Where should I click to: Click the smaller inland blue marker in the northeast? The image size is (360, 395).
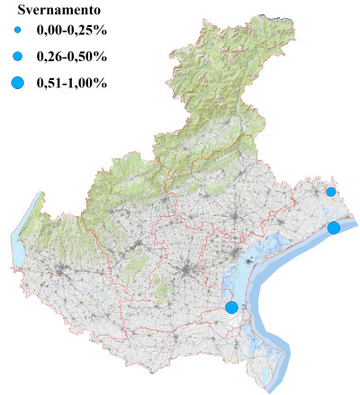click(331, 192)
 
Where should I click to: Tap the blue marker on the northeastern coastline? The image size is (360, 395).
click(334, 228)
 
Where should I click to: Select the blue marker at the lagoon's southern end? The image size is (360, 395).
click(231, 307)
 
